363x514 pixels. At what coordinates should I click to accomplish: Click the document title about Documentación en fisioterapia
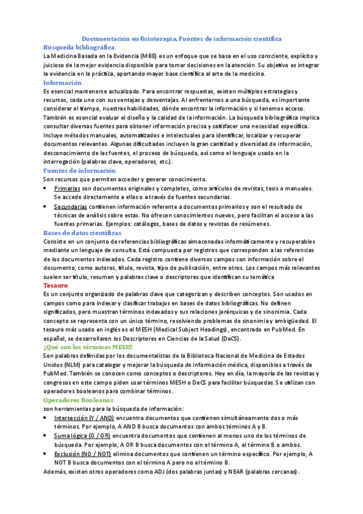tap(182, 38)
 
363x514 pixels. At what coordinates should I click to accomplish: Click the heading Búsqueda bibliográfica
tap(79, 47)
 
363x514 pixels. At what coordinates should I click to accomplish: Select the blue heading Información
tap(62, 82)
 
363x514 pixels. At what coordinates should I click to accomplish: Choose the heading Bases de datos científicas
tap(82, 233)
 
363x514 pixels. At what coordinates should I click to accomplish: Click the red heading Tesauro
tap(56, 285)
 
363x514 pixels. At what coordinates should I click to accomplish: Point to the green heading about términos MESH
tap(87, 347)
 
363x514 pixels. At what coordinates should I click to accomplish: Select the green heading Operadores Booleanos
tap(78, 401)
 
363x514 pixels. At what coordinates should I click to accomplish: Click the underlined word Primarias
tap(67, 189)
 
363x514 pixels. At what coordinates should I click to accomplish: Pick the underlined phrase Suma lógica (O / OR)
tap(82, 436)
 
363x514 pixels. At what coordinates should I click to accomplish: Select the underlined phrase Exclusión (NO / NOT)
tap(82, 453)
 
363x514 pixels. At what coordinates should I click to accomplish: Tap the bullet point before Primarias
tap(47, 189)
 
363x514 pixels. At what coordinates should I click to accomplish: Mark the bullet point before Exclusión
tap(47, 453)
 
